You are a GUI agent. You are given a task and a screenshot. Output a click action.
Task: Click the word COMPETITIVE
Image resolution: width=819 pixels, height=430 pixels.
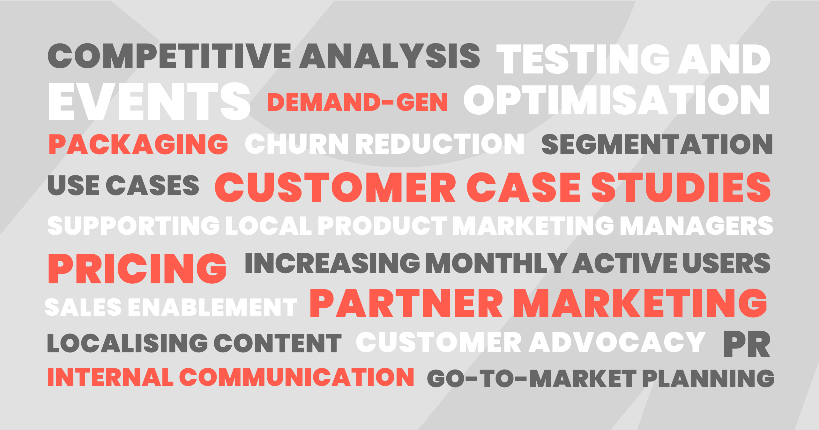coord(169,56)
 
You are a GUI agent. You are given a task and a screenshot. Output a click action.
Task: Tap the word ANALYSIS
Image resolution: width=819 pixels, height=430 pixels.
coord(390,56)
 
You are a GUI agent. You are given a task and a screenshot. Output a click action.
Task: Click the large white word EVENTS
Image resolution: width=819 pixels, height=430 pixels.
coord(149,101)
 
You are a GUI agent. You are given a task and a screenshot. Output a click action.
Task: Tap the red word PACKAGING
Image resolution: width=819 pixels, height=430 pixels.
coord(138,144)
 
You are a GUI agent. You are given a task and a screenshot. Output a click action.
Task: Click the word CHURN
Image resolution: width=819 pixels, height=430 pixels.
coord(297,143)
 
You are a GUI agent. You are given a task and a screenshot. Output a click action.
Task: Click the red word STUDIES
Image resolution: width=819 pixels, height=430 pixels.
coord(681,187)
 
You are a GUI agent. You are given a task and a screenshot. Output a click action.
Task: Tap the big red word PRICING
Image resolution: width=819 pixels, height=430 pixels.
coord(137,268)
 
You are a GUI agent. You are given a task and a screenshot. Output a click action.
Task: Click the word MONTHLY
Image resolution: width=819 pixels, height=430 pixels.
coord(496,263)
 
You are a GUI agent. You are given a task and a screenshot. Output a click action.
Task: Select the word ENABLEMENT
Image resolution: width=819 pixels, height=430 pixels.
coord(213,307)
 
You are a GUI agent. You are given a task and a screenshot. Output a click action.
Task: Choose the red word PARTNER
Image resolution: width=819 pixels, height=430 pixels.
coord(406,303)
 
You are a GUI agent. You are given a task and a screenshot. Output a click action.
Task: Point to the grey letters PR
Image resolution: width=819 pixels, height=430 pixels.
coord(747,344)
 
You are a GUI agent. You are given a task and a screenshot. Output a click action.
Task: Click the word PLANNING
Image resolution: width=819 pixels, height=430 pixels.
coord(708,379)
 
